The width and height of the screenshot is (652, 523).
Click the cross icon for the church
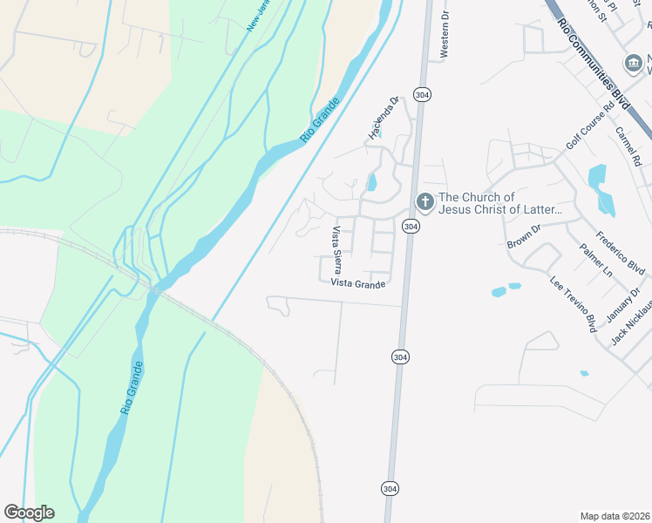424,202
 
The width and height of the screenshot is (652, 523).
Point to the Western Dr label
445,36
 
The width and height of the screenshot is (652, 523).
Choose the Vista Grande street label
357,283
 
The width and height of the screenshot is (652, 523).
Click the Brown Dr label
524,235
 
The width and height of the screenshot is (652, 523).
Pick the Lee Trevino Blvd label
572,303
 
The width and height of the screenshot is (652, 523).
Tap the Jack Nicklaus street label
631,323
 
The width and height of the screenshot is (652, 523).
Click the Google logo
29,512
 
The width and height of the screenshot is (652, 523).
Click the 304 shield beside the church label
410,226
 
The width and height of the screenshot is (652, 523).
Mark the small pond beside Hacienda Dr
372,182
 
